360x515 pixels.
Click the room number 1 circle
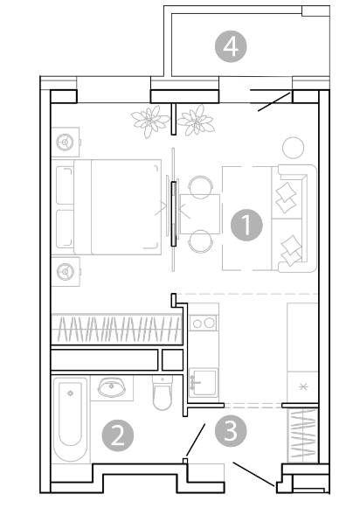(x=246, y=225)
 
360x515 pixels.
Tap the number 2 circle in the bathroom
(x=118, y=435)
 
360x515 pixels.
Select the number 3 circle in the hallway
(x=231, y=431)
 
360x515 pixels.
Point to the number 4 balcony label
(x=231, y=46)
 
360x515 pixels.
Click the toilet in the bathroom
(x=163, y=393)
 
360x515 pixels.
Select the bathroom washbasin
(x=112, y=387)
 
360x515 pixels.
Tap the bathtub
(x=71, y=420)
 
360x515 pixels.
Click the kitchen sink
(x=204, y=383)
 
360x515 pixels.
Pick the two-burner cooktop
(x=204, y=324)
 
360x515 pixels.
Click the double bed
(x=108, y=207)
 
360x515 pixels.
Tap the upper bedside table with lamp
(x=66, y=142)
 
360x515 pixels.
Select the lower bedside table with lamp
(x=66, y=271)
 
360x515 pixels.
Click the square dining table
(x=200, y=214)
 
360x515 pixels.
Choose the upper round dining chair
(x=200, y=187)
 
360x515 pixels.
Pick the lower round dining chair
(x=200, y=241)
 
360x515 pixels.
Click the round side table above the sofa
(x=293, y=148)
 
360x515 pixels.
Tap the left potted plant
(x=149, y=121)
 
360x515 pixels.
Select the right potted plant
(x=196, y=120)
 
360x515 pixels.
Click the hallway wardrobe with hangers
(x=303, y=435)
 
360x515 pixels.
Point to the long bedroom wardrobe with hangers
(x=117, y=329)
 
